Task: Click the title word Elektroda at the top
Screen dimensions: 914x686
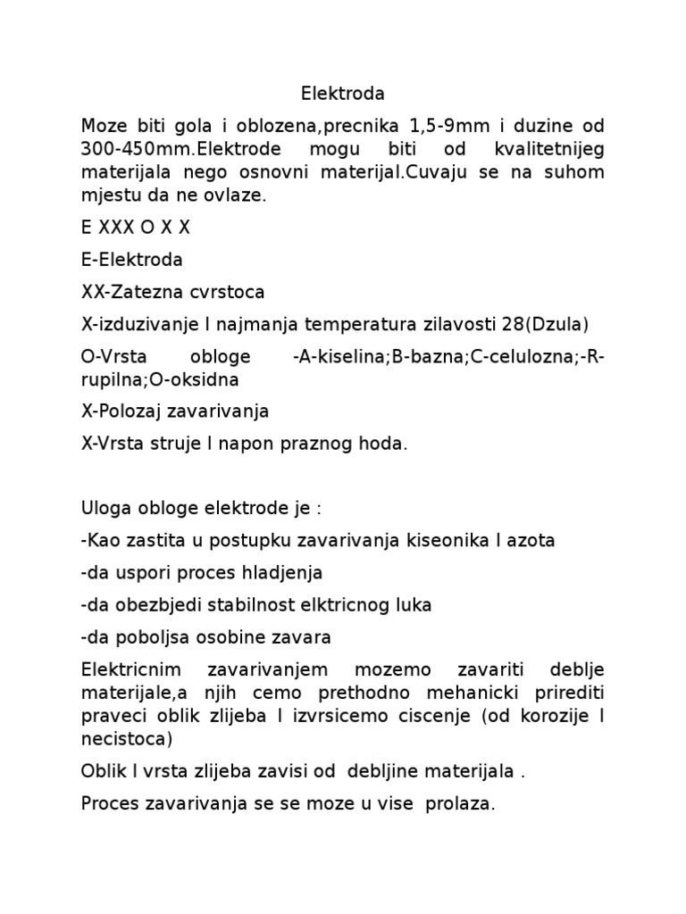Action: click(343, 93)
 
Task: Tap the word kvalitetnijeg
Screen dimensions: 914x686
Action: click(548, 148)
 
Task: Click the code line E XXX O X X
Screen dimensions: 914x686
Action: click(135, 228)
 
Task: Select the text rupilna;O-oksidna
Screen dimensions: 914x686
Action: click(159, 379)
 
